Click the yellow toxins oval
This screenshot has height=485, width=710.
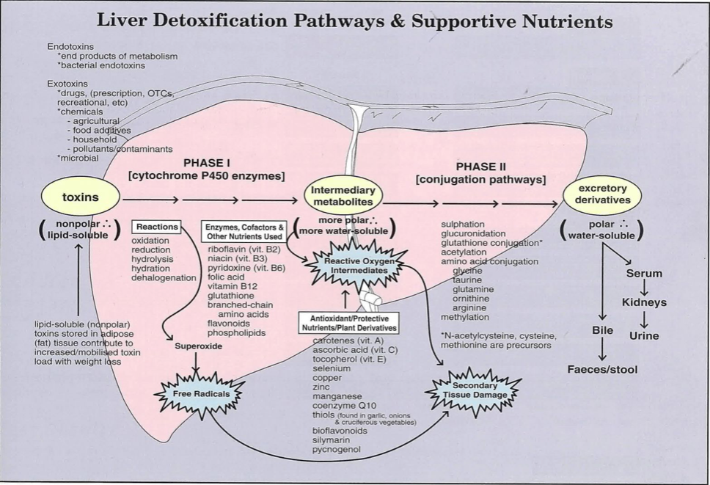point(80,197)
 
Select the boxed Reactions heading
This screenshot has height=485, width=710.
point(156,227)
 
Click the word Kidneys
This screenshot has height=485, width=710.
point(644,302)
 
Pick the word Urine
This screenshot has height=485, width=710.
point(644,335)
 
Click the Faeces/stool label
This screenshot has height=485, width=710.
point(602,369)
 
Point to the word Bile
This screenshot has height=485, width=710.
point(602,330)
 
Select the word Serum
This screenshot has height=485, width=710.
point(644,273)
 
